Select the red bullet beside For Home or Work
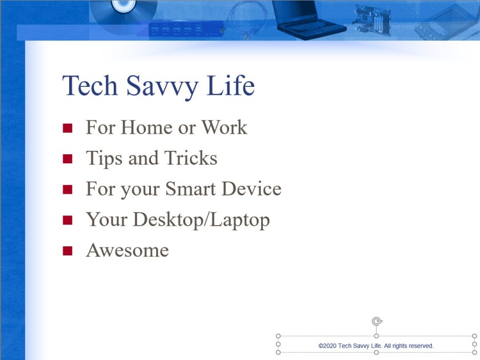pos(68,128)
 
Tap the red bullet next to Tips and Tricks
pos(68,159)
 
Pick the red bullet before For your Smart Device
pos(68,189)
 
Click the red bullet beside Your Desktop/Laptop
pos(68,220)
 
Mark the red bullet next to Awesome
pos(68,251)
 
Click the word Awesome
pos(127,250)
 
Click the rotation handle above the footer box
pos(377,322)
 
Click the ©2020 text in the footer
pos(327,346)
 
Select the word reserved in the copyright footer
pos(420,346)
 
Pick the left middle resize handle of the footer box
pos(278,345)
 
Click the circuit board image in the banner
pos(371,20)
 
